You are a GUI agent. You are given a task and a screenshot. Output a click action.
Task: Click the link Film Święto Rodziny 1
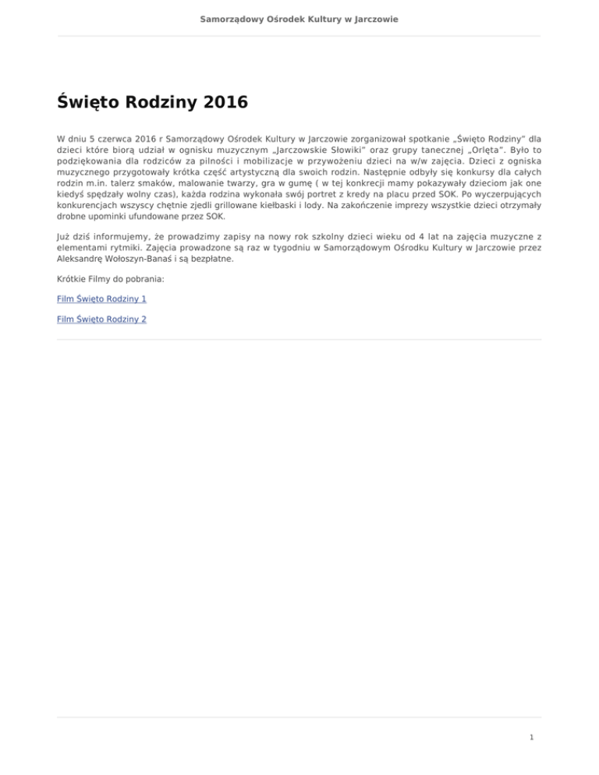click(x=101, y=299)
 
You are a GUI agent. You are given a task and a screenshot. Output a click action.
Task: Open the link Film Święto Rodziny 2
click(x=101, y=319)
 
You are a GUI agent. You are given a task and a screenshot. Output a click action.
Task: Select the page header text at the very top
click(x=299, y=18)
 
